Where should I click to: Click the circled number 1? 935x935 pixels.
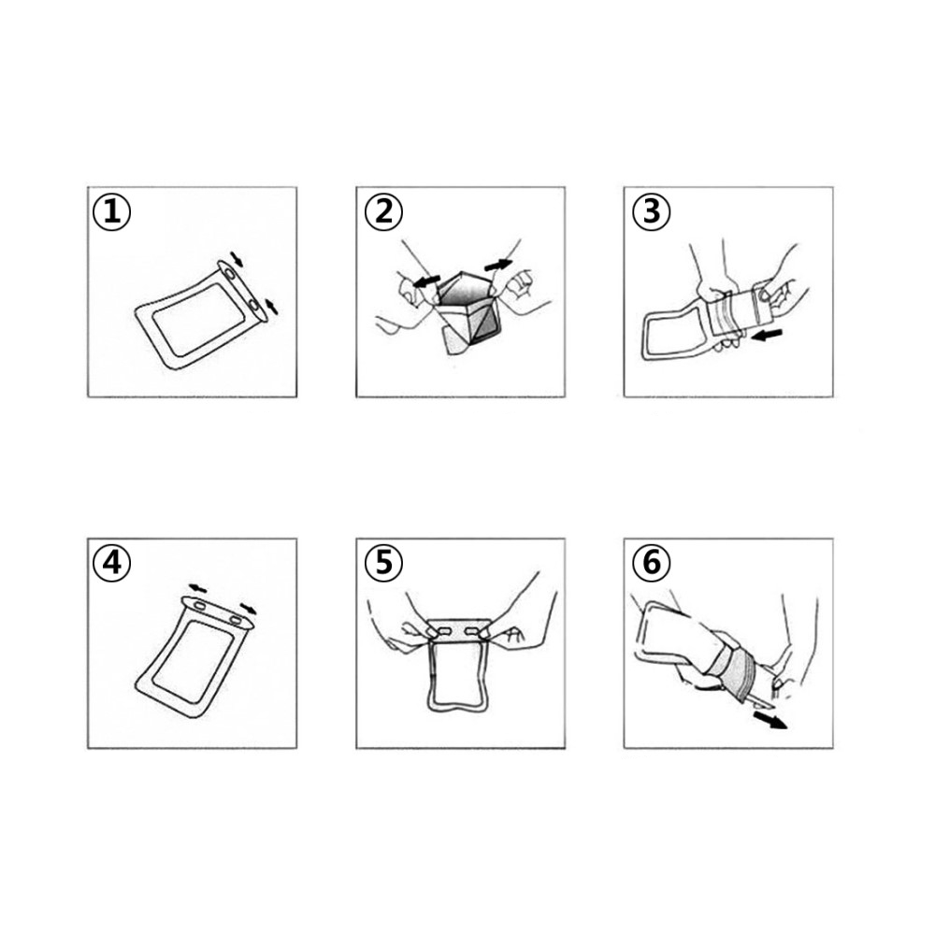111,211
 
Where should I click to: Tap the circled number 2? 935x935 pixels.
384,211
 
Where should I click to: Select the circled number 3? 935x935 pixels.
651,211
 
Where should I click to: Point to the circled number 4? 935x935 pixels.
111,562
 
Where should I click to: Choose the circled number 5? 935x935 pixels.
384,562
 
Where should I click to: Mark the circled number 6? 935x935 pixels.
651,562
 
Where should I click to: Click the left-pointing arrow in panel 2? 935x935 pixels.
427,281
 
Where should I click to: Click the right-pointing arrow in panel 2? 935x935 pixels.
498,265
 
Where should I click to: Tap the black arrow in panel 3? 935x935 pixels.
767,336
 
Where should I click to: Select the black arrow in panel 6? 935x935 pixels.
770,720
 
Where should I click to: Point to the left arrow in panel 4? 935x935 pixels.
198,588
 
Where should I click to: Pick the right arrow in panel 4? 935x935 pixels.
249,609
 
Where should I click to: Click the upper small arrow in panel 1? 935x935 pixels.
237,259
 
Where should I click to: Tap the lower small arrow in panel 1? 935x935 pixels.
271,306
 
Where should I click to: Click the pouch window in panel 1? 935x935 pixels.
198,319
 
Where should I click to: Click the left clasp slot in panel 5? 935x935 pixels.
445,630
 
